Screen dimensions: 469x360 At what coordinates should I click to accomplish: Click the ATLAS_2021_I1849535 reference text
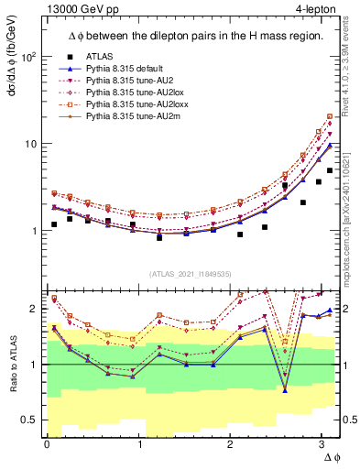pyautogui.click(x=190, y=273)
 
